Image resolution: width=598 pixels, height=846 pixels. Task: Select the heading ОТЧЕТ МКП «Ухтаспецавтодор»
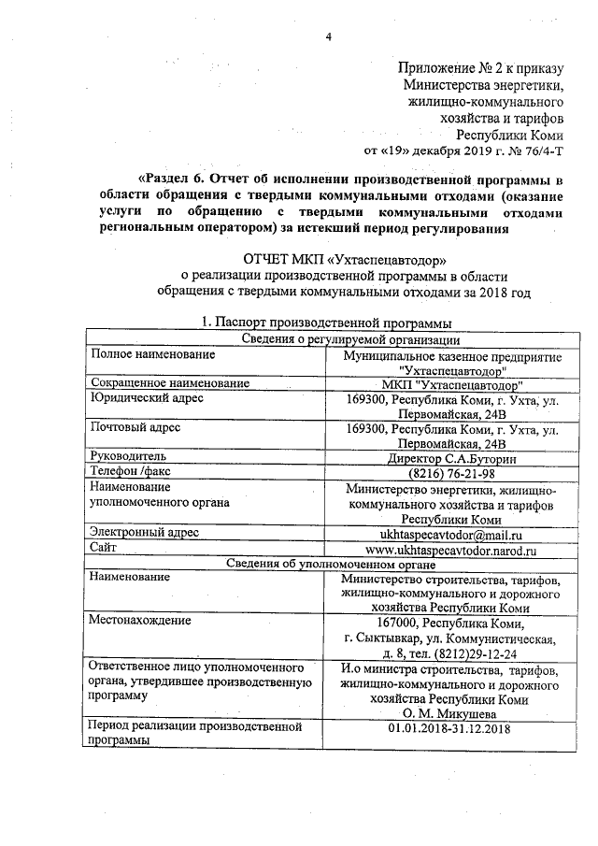pos(345,257)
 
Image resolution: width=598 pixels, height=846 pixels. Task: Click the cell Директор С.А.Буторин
pos(451,458)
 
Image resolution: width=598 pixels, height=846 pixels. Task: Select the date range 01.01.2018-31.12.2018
pos(451,728)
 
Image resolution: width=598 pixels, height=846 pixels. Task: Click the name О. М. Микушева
pos(451,714)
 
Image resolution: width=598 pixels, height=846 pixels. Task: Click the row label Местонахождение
pos(139,619)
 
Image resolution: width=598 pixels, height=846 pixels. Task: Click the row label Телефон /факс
pos(130,472)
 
